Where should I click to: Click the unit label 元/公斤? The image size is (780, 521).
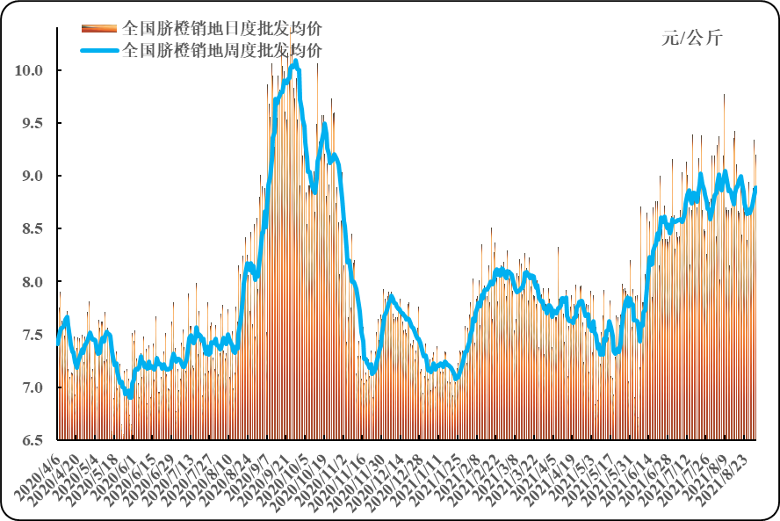[692, 38]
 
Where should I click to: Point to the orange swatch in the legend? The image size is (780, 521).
[100, 28]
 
